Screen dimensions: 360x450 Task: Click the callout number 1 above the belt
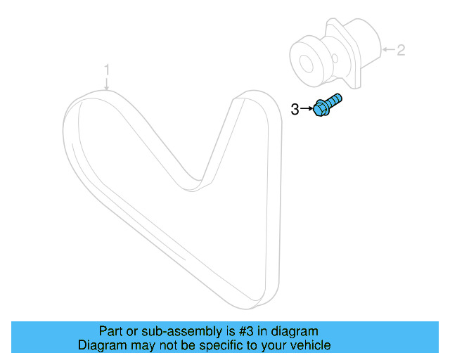click(x=107, y=70)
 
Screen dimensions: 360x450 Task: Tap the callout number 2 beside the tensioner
click(x=401, y=50)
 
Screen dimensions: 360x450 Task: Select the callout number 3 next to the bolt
click(x=295, y=108)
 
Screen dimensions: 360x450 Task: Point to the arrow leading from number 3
click(x=306, y=108)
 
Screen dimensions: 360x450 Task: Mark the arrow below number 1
click(x=107, y=84)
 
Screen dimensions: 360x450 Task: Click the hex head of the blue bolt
click(x=321, y=109)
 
